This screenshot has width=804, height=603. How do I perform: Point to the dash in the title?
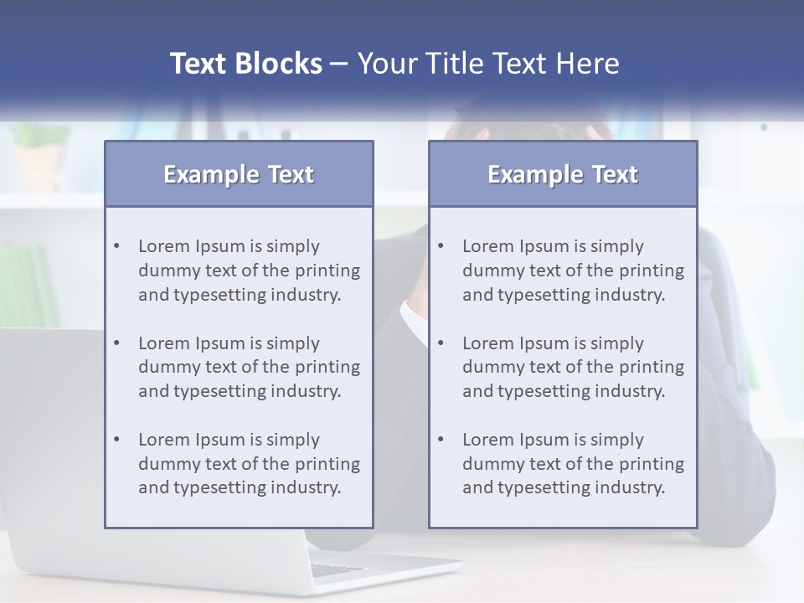coord(339,64)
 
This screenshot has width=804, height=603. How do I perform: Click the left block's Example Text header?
coord(239,174)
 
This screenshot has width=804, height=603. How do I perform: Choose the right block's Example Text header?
coord(563,174)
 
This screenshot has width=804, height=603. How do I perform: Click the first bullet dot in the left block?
coord(116,246)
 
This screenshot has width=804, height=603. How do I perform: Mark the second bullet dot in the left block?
coord(116,343)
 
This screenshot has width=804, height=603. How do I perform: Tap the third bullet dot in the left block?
coord(116,440)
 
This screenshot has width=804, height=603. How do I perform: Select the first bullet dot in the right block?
coord(441,246)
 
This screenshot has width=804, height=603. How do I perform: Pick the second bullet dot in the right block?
coord(441,343)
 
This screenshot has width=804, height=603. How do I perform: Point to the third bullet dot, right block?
coord(441,440)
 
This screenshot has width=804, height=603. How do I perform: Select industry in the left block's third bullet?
coord(312,487)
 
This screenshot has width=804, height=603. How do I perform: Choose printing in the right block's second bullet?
coord(651,367)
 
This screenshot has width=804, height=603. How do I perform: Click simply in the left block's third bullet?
coord(293,440)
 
